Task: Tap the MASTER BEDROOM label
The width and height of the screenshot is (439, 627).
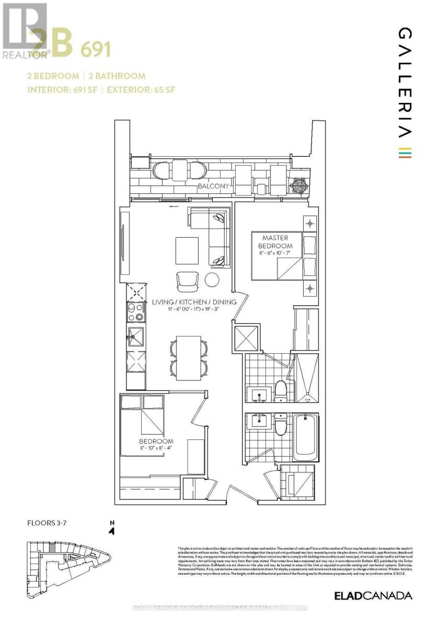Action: coord(278,242)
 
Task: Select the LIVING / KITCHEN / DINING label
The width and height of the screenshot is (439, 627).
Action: coord(194,302)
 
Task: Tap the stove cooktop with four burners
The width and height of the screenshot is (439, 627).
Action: coord(135,312)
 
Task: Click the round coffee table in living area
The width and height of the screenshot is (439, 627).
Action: coord(212,280)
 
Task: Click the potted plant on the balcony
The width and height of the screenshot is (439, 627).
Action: coord(301,185)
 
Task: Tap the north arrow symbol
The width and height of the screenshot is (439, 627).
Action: coord(111,529)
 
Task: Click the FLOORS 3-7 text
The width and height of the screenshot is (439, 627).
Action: coord(48,522)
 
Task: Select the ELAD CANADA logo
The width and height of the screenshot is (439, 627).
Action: coord(373,596)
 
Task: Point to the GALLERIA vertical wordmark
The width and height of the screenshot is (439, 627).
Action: coord(405,84)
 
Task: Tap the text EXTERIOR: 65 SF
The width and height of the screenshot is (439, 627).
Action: coord(141,89)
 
